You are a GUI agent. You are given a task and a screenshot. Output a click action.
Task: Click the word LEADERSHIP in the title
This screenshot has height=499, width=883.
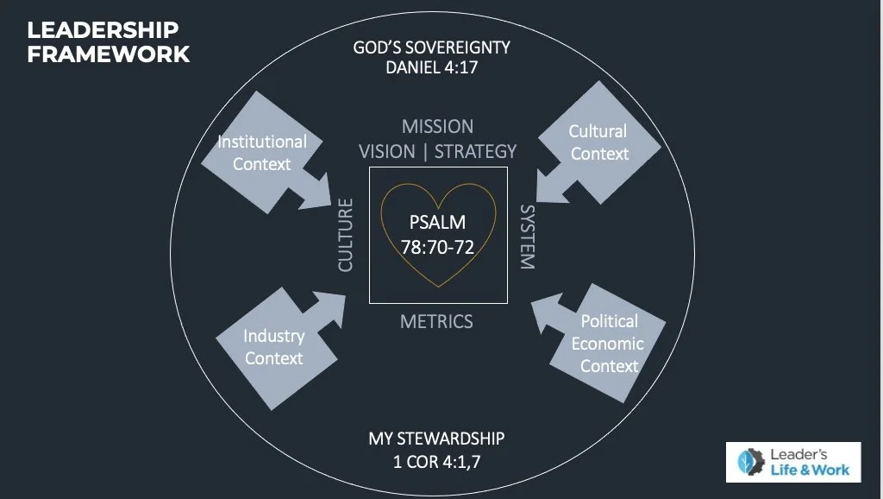[103, 30]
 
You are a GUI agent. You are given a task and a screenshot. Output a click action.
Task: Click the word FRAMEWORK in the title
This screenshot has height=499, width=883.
[109, 54]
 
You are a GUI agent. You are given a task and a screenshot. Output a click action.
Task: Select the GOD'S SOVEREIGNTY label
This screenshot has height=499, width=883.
[432, 47]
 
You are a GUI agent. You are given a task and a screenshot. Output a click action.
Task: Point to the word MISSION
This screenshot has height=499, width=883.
[437, 126]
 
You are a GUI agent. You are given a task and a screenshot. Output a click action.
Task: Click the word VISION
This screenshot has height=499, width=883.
[386, 151]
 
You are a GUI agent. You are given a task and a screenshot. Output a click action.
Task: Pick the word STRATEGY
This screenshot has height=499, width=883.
[475, 151]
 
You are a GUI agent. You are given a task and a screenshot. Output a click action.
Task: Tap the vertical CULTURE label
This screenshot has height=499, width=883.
[346, 235]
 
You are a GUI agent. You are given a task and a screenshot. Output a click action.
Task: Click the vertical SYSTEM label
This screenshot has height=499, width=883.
[527, 237]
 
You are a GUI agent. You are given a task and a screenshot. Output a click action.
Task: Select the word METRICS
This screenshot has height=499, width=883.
[436, 322]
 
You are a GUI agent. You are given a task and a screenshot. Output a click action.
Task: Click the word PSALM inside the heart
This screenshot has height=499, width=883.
[437, 224]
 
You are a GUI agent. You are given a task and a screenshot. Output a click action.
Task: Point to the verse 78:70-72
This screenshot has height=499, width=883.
[437, 247]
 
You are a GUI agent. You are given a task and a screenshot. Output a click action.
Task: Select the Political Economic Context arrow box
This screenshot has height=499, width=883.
[609, 344]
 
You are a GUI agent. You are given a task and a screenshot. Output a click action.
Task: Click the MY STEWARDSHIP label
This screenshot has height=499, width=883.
[436, 438]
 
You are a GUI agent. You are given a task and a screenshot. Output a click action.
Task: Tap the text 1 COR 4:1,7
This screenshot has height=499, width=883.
[436, 460]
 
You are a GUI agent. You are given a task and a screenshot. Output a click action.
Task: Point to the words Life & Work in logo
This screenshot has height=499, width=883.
[808, 470]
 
